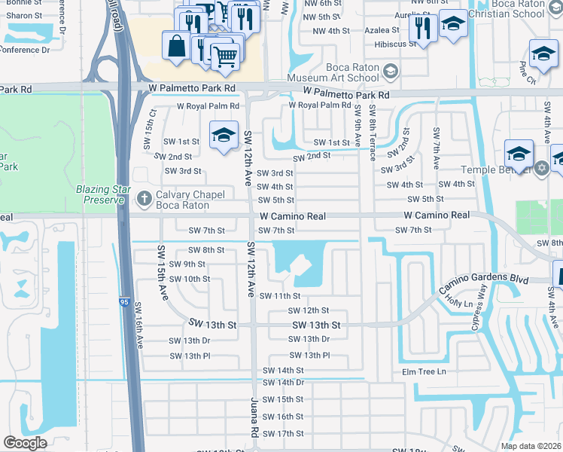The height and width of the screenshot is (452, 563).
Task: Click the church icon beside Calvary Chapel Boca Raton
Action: [145, 200]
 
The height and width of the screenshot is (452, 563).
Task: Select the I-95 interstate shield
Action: [123, 302]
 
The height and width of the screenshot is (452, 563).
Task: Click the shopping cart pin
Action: [225, 55]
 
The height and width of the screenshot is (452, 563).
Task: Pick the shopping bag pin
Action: [176, 45]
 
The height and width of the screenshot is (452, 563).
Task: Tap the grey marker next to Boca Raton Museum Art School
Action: [390, 72]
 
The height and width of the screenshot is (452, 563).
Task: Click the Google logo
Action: [25, 443]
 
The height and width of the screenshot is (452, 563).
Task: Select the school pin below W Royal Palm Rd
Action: [224, 136]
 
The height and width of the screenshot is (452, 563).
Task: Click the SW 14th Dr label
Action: [283, 383]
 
